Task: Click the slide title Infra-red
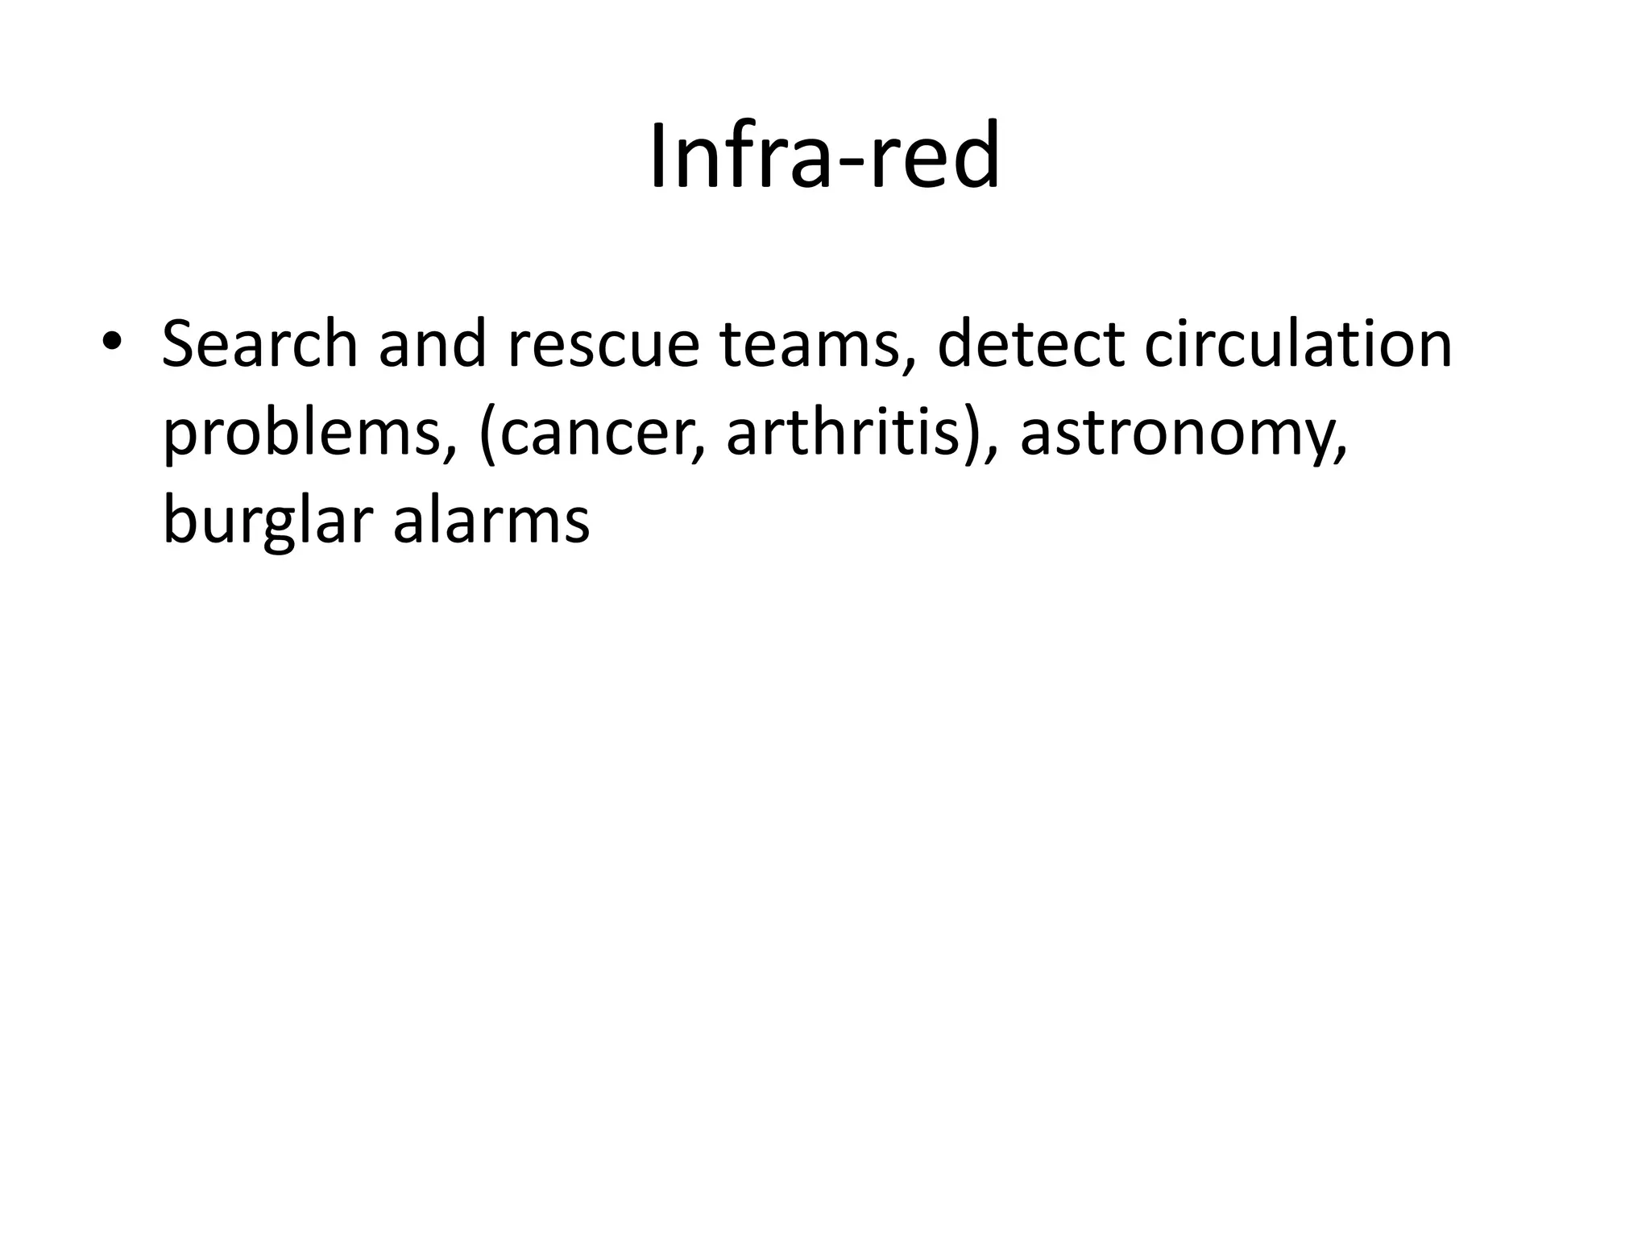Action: click(824, 156)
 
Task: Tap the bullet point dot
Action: click(110, 342)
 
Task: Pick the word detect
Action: click(1031, 345)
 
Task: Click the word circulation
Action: click(1298, 345)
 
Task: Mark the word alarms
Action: click(491, 521)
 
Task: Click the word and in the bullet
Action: click(432, 345)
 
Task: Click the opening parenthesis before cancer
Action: click(486, 435)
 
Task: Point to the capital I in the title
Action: click(658, 156)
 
